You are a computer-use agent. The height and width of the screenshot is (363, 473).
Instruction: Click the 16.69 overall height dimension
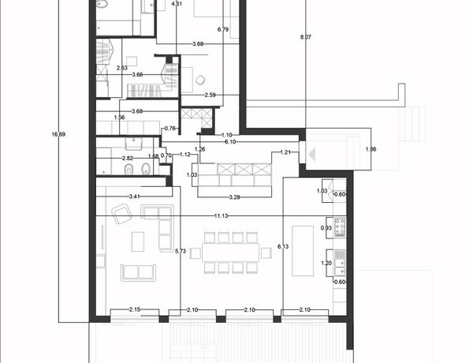[x=58, y=134]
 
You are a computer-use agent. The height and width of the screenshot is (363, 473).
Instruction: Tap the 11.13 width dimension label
[x=221, y=216]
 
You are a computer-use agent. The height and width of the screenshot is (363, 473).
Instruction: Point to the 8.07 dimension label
[x=306, y=37]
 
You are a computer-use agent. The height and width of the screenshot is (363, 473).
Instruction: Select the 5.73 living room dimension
[x=181, y=251]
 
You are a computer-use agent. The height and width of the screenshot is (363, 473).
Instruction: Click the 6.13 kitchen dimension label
[x=283, y=246]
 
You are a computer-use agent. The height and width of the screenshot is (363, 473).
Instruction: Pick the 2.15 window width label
[x=135, y=309]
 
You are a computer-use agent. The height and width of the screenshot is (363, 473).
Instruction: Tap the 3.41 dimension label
[x=134, y=196]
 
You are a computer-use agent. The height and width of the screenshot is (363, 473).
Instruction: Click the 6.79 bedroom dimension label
[x=223, y=29]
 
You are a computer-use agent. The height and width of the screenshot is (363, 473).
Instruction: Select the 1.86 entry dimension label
[x=371, y=149]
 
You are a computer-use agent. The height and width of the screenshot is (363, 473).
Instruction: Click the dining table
[x=231, y=253]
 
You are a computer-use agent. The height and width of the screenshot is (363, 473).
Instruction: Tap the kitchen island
[x=303, y=251]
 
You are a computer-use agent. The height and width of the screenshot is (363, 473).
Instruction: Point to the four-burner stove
[x=339, y=226]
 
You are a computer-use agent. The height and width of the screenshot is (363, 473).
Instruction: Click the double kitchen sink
[x=340, y=263]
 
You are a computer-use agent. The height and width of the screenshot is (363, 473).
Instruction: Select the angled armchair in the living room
[x=121, y=214]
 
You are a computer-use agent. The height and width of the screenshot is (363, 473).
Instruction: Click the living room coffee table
[x=138, y=241]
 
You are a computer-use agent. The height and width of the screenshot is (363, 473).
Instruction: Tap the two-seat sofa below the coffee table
[x=139, y=272]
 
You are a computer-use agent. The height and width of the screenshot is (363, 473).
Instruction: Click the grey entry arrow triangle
[x=312, y=155]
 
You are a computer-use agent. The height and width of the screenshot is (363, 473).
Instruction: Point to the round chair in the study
[x=200, y=80]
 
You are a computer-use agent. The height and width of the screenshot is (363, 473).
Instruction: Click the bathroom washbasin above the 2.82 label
[x=133, y=144]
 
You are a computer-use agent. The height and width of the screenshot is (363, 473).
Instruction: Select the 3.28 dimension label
[x=234, y=197]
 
